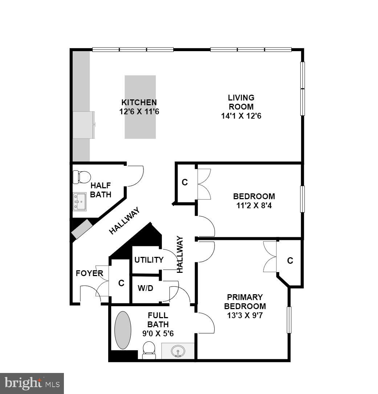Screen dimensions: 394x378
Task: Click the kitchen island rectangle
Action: tap(140, 107)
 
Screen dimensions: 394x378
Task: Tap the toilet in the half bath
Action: tap(82, 177)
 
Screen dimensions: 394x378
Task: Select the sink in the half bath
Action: tap(79, 201)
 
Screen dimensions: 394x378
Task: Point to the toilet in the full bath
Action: tap(149, 349)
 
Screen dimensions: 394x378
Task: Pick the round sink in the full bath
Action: tap(178, 351)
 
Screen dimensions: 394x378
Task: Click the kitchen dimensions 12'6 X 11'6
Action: tap(139, 112)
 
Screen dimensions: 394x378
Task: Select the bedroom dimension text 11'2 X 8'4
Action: tap(254, 206)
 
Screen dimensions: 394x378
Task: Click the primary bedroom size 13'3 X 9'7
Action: tap(245, 315)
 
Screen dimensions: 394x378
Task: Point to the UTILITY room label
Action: tap(149, 260)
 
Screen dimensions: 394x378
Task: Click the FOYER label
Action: tap(89, 273)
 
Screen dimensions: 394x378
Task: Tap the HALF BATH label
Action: tap(101, 190)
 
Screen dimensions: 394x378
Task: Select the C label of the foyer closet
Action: tap(121, 283)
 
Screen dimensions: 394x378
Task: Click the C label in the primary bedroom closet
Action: tap(290, 260)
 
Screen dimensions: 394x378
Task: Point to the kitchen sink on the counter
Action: tap(84, 124)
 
